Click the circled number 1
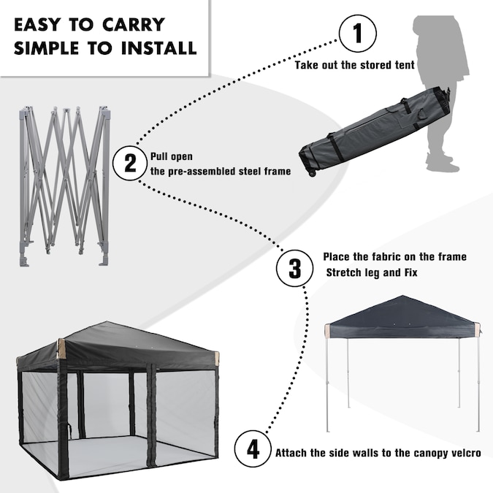pos(358,33)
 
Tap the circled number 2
pos(130,163)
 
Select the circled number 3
pos(294,268)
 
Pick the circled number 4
pos(253,449)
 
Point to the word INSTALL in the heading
pos(158,47)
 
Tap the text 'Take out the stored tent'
pos(355,65)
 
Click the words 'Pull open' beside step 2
pos(172,156)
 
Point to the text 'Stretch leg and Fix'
pos(372,272)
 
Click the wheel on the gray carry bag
pos(312,173)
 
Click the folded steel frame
pos(64,186)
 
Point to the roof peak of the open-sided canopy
pos(402,296)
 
